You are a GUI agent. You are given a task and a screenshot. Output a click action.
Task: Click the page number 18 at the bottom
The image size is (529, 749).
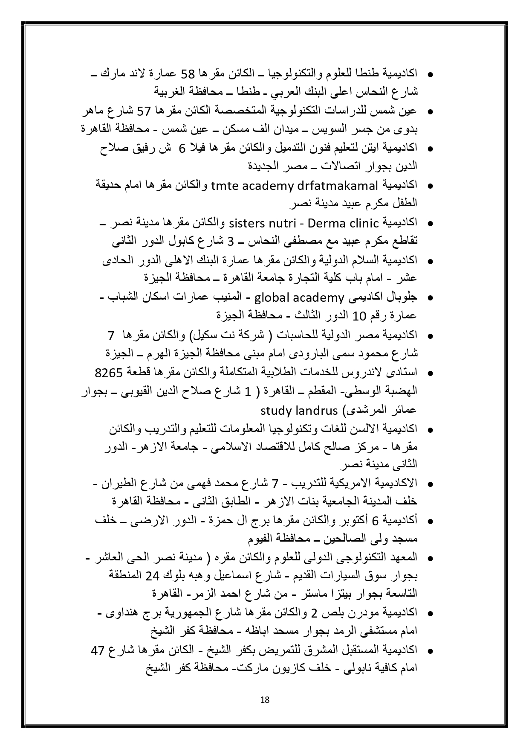(x=264, y=700)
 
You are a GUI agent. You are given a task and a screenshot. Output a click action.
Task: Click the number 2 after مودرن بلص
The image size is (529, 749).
(x=314, y=613)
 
